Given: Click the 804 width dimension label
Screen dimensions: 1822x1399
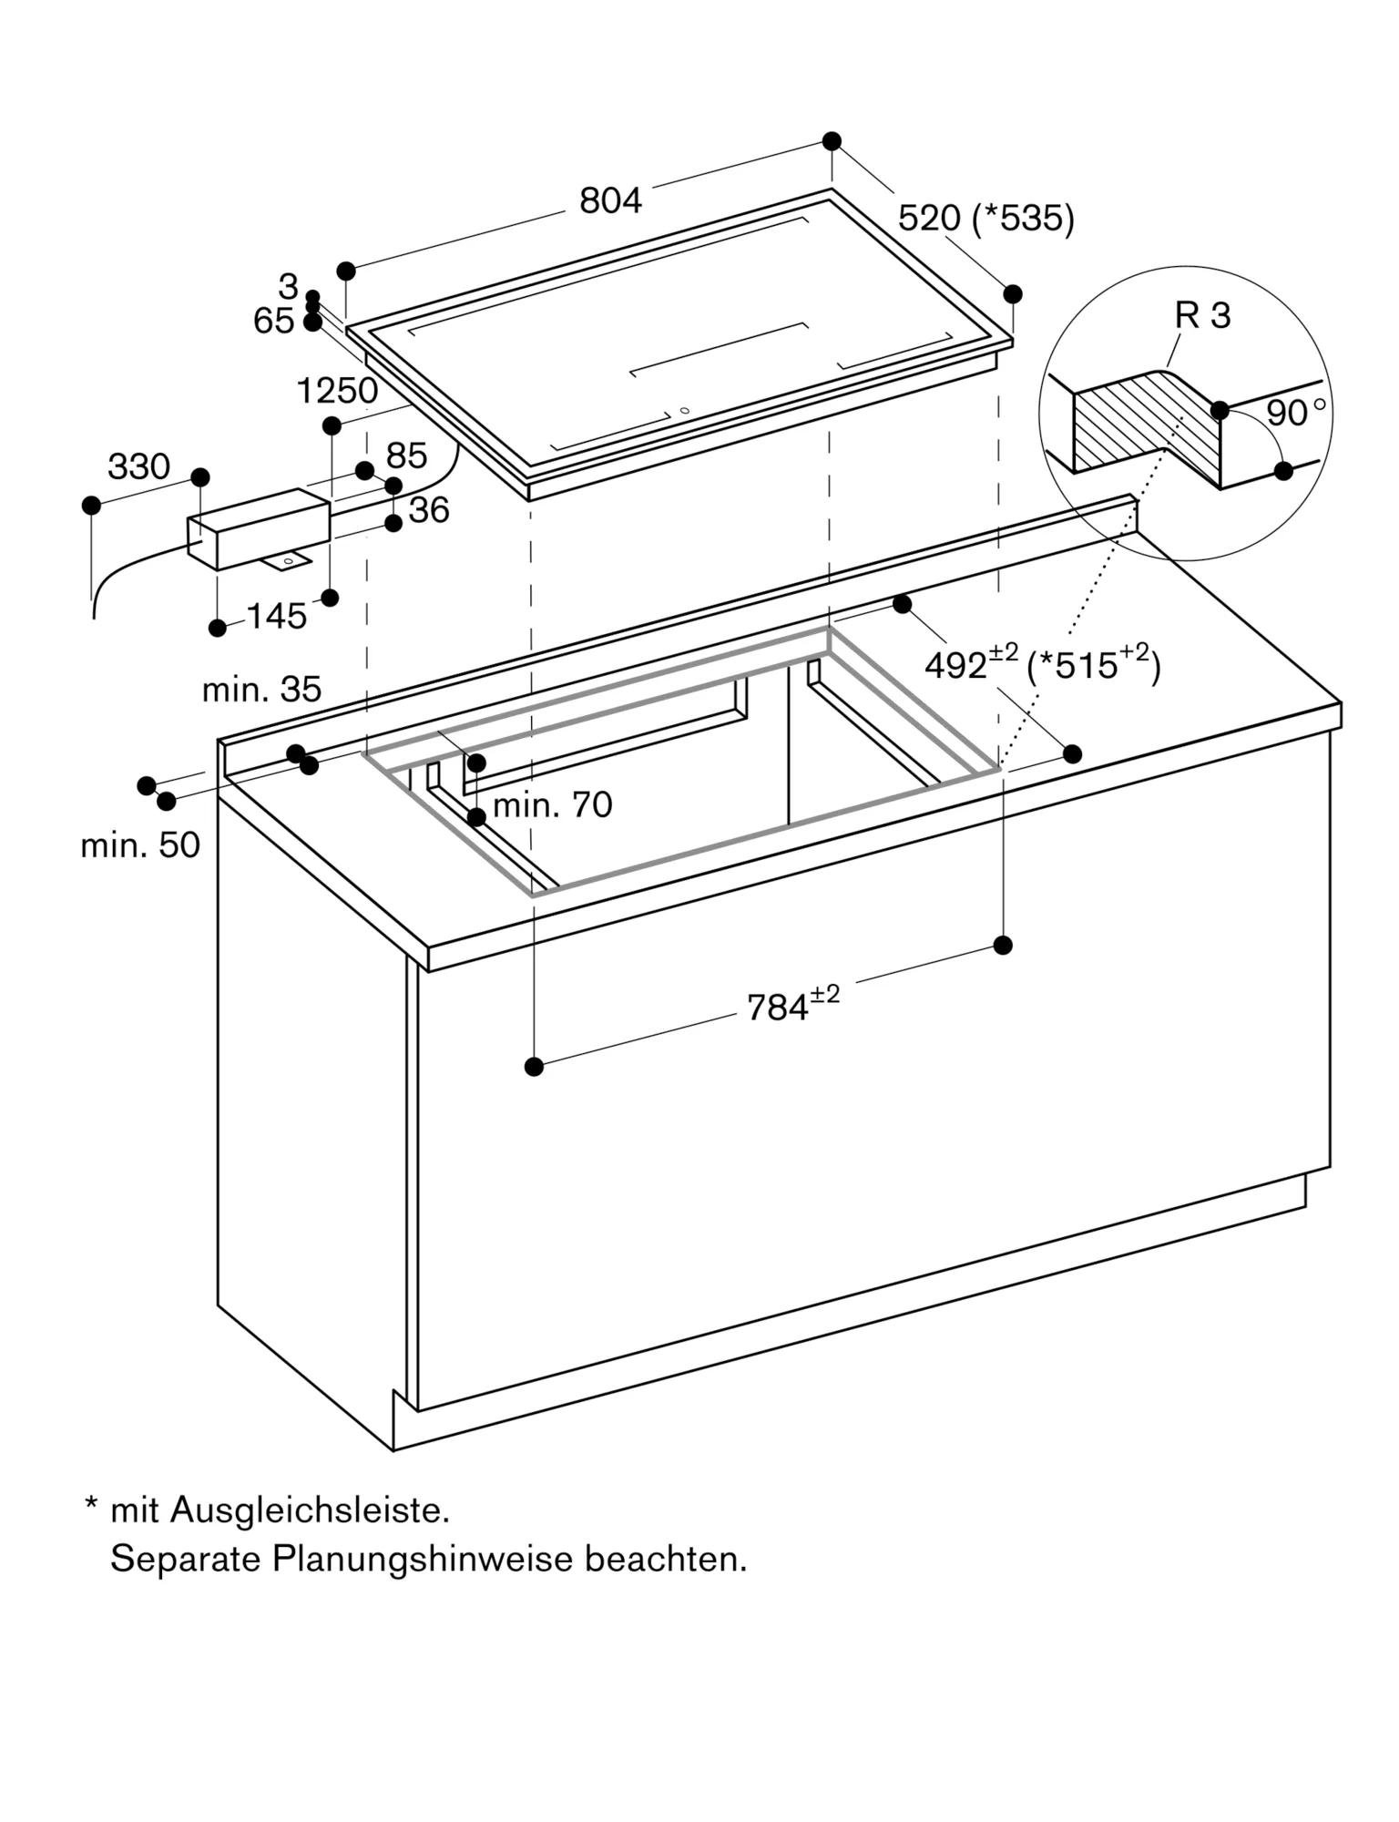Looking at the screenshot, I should pyautogui.click(x=610, y=200).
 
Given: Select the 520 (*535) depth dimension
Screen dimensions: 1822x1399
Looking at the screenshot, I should pyautogui.click(x=985, y=219).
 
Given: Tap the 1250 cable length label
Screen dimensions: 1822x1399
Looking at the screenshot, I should pyautogui.click(x=337, y=391).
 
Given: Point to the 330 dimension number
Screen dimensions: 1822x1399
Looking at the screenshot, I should pyautogui.click(x=138, y=466).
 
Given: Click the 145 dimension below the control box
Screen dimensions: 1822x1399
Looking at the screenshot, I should pyautogui.click(x=277, y=617).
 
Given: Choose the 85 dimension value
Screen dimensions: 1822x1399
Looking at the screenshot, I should pyautogui.click(x=406, y=455).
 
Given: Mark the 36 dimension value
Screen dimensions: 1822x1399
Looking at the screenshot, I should pyautogui.click(x=429, y=510).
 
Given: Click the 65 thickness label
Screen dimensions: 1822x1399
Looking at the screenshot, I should pyautogui.click(x=273, y=322).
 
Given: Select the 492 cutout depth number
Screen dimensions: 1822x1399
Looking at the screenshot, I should pyautogui.click(x=956, y=665).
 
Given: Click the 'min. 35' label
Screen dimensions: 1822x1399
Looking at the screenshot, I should pyautogui.click(x=261, y=690).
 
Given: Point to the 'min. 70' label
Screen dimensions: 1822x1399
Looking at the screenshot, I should pyautogui.click(x=552, y=805).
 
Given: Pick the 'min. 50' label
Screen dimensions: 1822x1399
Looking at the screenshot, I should pyautogui.click(x=140, y=845).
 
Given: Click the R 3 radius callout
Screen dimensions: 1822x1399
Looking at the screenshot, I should pyautogui.click(x=1202, y=315).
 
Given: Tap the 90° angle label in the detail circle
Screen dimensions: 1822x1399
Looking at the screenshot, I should pyautogui.click(x=1293, y=413).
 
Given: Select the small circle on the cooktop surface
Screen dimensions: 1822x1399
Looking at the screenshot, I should pyautogui.click(x=684, y=411).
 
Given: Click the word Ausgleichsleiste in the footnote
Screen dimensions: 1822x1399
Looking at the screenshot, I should pyautogui.click(x=310, y=1510).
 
